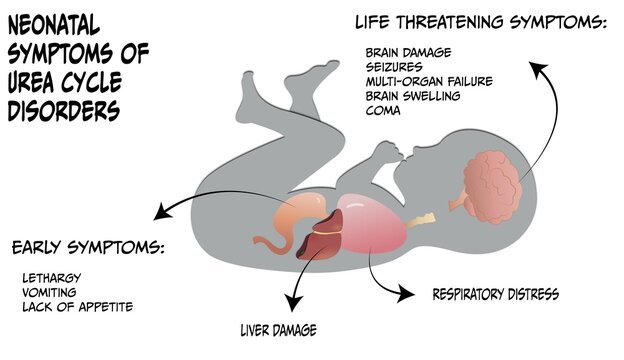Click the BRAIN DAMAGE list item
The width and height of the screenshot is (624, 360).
pos(409,52)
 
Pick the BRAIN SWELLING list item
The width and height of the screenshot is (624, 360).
pos(413,96)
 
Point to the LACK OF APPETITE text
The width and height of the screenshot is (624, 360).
pos(77,306)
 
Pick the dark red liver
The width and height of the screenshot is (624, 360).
pos(317,241)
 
